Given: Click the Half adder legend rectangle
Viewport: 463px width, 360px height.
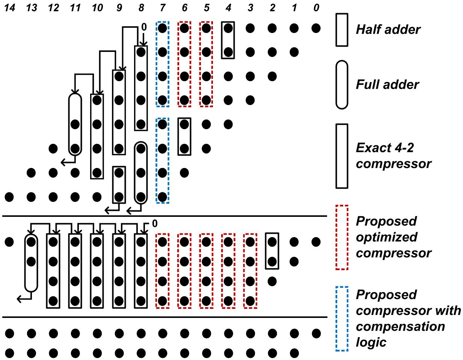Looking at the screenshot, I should click(x=342, y=30).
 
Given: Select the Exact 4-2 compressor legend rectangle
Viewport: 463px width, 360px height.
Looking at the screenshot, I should click(x=342, y=156).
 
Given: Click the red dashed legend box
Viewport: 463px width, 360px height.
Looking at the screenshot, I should click(x=342, y=237).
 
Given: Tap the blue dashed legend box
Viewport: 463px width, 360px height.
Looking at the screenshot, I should click(x=342, y=319).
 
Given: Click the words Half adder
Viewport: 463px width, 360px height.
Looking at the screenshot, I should click(x=388, y=30).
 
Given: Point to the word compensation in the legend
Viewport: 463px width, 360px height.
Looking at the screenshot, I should click(x=400, y=327).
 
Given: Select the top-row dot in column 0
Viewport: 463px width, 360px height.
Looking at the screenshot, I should click(x=316, y=28).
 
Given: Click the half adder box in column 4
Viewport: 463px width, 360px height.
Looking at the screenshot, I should click(x=228, y=40).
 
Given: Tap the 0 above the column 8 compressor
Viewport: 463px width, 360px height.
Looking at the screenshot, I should click(x=143, y=27).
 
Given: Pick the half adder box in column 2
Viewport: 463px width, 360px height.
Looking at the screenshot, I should click(x=272, y=251).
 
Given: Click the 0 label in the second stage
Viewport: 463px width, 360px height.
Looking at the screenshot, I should click(x=155, y=224).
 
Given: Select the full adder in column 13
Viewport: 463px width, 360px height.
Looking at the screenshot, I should click(x=31, y=263).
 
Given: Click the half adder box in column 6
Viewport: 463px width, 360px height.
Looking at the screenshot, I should click(x=184, y=136).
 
